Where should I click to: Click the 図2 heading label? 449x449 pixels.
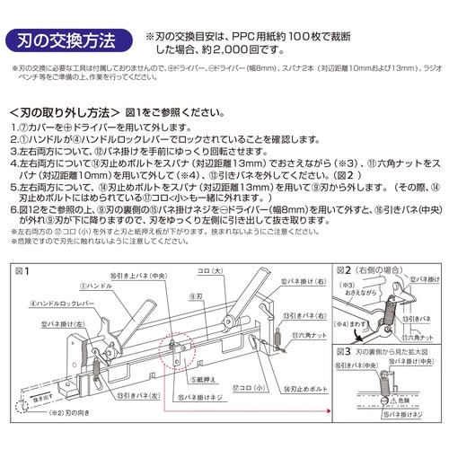coord(344,269)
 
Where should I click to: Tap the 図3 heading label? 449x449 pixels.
coord(344,353)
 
